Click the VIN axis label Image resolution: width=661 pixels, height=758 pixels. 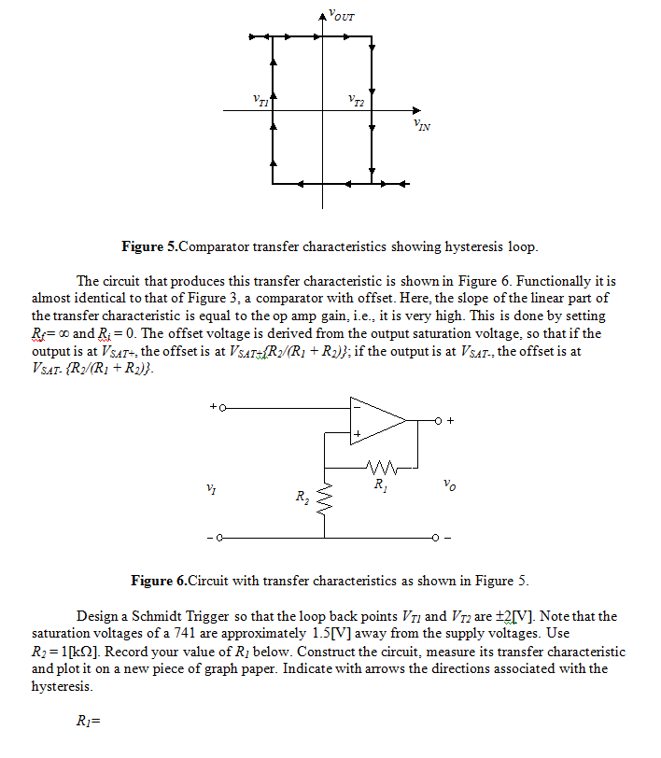[x=421, y=124]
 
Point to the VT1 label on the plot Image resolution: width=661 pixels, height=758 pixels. [x=261, y=99]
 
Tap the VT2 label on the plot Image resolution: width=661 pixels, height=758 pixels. [x=355, y=99]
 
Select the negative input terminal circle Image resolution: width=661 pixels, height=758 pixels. [x=221, y=539]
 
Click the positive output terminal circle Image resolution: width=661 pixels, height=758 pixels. [x=436, y=420]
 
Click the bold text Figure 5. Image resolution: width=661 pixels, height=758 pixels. [x=149, y=247]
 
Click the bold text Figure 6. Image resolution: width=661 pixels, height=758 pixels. [x=158, y=581]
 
